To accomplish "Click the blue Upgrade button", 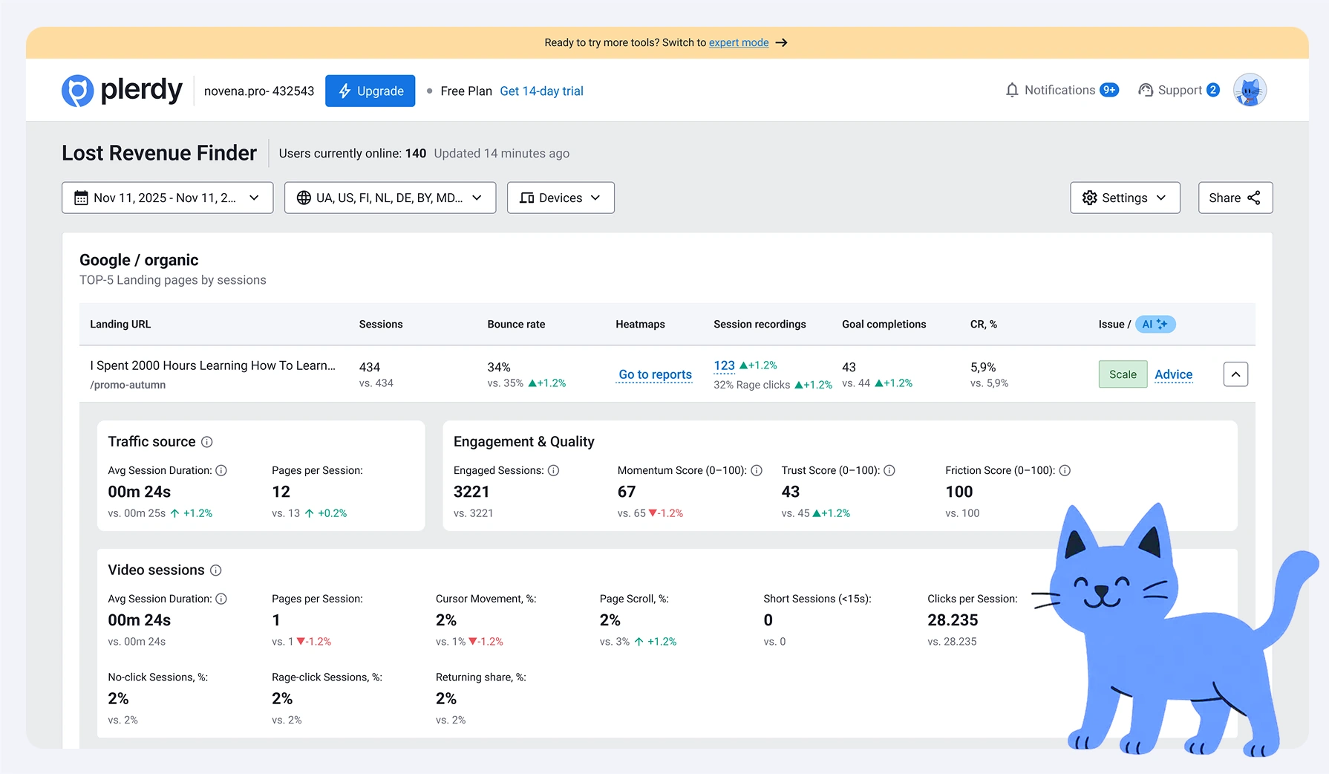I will pos(370,91).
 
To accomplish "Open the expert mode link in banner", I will pos(738,42).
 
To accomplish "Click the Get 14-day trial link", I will pos(541,91).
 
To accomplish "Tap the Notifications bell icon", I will pos(1012,90).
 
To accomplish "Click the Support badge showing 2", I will pos(1212,90).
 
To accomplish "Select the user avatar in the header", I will pos(1250,91).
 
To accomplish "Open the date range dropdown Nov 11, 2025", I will pos(167,198).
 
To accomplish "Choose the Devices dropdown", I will pos(560,198).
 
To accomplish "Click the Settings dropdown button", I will pos(1124,198).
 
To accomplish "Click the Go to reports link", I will pos(655,374).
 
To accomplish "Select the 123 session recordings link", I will pos(724,365).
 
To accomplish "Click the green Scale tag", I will pos(1122,374).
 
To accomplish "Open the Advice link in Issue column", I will pos(1173,374).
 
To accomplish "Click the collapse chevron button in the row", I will pos(1235,374).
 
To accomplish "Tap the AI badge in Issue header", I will pos(1155,324).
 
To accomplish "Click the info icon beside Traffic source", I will pos(207,442).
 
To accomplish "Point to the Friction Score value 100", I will pos(959,492).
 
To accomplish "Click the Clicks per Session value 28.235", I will pos(952,620).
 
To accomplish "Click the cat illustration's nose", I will pos(1103,591).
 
